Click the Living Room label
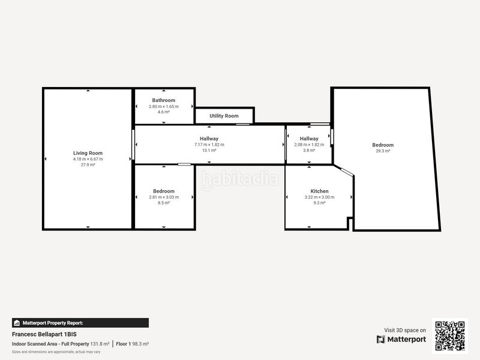(88, 153)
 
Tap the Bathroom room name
(164, 100)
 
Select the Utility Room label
(224, 116)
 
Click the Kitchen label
(320, 191)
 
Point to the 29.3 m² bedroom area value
(383, 151)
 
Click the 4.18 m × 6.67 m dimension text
(88, 159)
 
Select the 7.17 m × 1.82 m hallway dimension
(209, 145)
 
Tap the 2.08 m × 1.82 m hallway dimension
(309, 145)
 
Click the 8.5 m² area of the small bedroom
(164, 203)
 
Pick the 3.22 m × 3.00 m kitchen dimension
(320, 197)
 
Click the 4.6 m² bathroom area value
(164, 112)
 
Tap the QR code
(450, 336)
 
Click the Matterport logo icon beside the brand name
(381, 340)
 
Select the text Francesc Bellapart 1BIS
(44, 334)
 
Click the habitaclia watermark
(240, 179)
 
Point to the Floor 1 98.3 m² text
(132, 344)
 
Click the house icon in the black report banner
(17, 323)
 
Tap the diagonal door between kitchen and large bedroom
(347, 172)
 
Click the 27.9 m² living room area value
(88, 164)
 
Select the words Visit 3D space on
(405, 331)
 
